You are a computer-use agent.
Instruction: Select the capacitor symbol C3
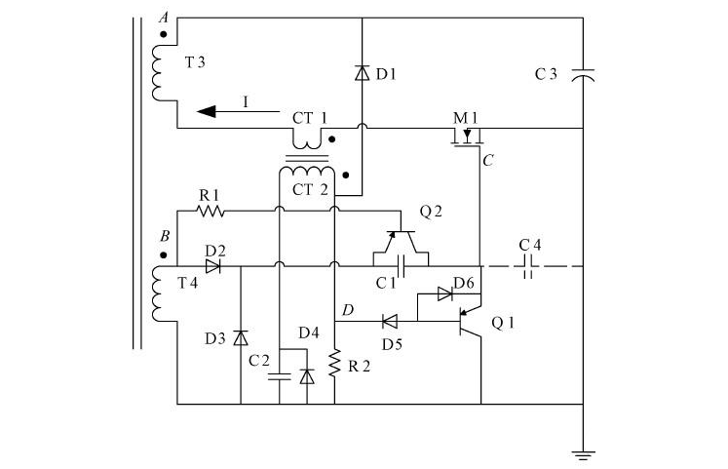coord(582,73)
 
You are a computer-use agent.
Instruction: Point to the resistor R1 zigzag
coord(211,210)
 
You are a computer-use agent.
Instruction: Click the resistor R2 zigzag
coord(334,364)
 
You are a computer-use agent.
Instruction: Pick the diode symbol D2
coord(213,265)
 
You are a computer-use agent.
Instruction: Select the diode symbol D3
coord(240,337)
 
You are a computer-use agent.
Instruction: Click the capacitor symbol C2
coord(280,374)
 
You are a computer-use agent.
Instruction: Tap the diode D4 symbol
coord(308,375)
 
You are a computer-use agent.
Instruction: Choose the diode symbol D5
coord(390,320)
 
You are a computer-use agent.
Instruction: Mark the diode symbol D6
coord(444,293)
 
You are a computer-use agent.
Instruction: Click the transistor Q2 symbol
coord(401,237)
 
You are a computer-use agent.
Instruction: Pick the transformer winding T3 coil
coord(159,71)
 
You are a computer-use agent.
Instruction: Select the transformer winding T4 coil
coord(159,293)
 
